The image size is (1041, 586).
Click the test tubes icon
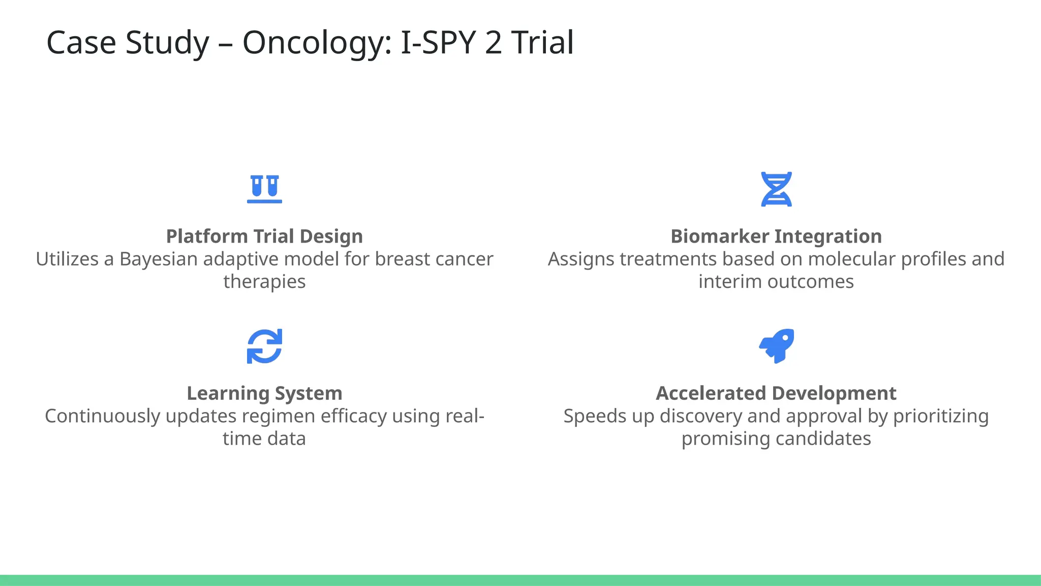[x=264, y=189]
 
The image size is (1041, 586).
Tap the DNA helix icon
[x=776, y=189]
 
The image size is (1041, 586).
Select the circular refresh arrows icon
[x=264, y=346]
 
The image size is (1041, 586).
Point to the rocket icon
[x=776, y=346]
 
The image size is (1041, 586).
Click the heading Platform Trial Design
[x=264, y=237]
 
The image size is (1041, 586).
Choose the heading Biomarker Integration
[x=776, y=237]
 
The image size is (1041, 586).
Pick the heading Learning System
[x=264, y=393]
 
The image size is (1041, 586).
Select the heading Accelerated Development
[x=776, y=393]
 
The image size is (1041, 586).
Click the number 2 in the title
[x=493, y=43]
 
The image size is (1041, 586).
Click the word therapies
[x=264, y=282]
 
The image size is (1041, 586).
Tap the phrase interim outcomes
[x=776, y=282]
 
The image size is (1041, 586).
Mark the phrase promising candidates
[x=776, y=438]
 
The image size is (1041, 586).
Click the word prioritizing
[x=940, y=416]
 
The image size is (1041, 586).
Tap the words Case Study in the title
[x=128, y=43]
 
